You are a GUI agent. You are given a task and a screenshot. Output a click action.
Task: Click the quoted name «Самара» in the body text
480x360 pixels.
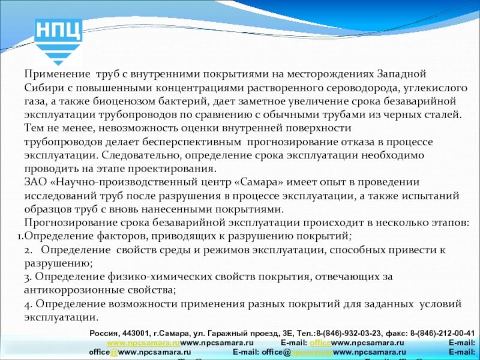244,182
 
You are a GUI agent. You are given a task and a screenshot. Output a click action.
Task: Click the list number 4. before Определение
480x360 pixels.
28,304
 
